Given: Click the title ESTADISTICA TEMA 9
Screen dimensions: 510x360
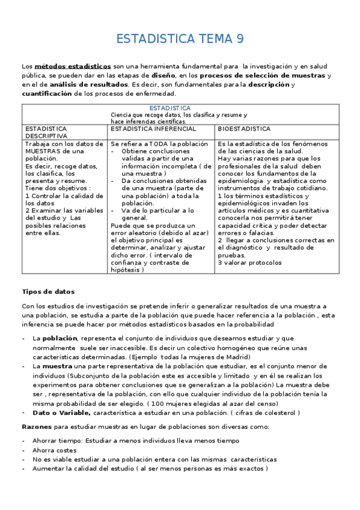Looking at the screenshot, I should (x=180, y=40).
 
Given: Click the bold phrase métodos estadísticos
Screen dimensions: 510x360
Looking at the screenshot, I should (x=73, y=66).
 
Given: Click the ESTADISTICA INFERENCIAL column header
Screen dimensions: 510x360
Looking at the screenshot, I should (x=153, y=129).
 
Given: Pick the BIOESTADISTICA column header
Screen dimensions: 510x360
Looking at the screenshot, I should (x=244, y=129).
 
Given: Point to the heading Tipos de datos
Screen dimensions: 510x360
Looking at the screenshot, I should (x=47, y=291).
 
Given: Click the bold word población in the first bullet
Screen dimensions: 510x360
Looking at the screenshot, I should (x=60, y=339).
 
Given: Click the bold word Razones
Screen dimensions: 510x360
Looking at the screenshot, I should (x=37, y=426).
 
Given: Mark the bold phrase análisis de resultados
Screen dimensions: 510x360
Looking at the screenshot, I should (x=90, y=85).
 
